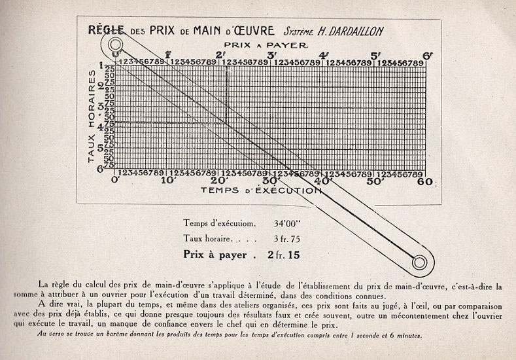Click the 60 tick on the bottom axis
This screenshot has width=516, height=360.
[425, 181]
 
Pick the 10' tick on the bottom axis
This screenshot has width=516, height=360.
[169, 181]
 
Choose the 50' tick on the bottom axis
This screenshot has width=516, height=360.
[374, 181]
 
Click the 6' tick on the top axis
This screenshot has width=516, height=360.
[427, 55]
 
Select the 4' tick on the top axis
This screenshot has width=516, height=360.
[323, 55]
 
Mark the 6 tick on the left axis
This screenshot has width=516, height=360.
[101, 169]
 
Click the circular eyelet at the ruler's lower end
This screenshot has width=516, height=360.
[419, 262]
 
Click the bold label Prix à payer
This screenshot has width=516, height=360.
[215, 255]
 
